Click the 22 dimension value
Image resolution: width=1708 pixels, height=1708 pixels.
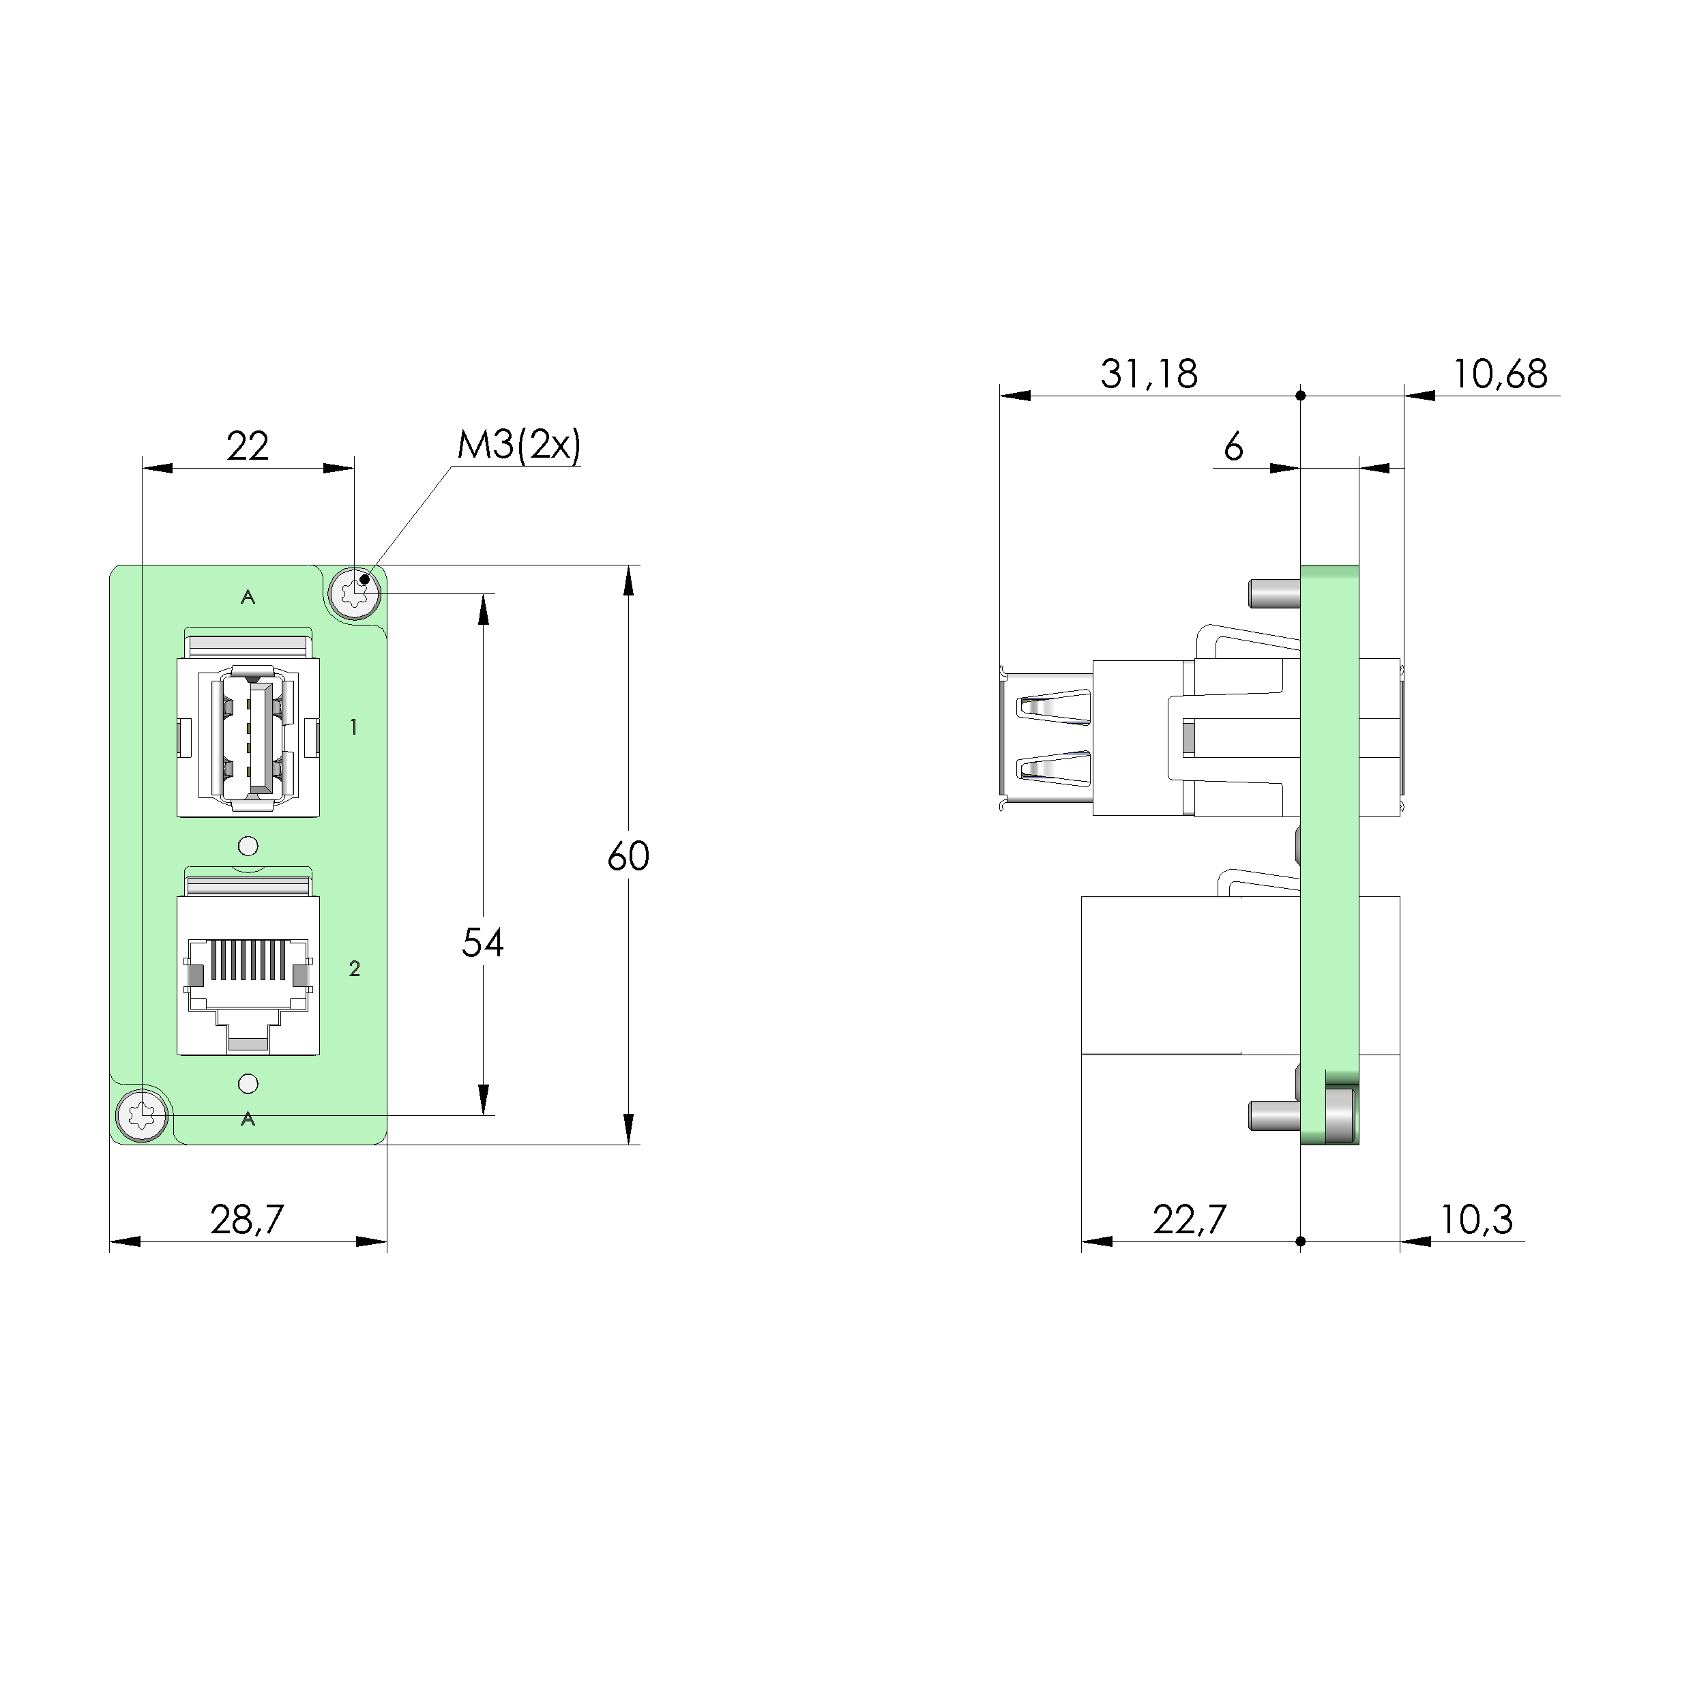pos(248,447)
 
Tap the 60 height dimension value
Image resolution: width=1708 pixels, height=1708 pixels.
pos(629,856)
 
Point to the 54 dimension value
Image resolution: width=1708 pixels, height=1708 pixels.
pos(483,943)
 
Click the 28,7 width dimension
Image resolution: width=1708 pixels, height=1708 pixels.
pos(248,1220)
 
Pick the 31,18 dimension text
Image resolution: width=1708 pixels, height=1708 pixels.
pos(1149,374)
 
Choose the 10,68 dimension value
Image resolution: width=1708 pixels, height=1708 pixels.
pos(1499,374)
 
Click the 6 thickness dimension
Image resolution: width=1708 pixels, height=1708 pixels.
pos(1233,447)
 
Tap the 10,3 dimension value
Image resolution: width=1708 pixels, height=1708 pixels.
pos(1476,1220)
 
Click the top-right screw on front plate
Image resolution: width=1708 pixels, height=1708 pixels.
pos(355,591)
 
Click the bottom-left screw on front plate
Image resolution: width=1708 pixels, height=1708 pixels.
pos(143,1116)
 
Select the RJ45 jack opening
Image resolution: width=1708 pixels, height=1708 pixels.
pos(248,982)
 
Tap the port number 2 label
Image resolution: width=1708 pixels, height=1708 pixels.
pos(355,969)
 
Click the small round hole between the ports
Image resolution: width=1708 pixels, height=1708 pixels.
pos(248,846)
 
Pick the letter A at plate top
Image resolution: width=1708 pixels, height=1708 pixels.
pos(248,598)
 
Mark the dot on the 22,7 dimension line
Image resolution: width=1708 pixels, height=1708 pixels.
pos(1301,1241)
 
